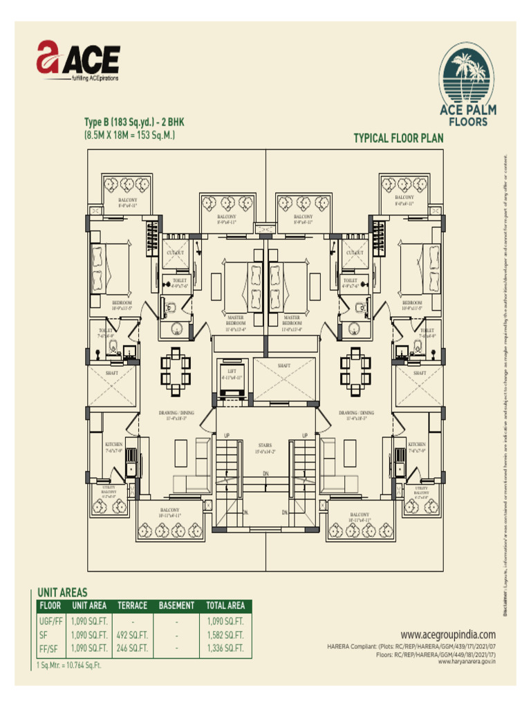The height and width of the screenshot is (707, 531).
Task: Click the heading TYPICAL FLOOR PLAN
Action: [398, 138]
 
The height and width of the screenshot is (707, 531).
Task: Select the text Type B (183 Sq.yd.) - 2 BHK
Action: [133, 122]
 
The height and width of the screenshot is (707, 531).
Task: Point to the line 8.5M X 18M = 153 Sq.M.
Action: [129, 135]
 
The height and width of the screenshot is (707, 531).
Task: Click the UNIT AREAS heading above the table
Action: [62, 592]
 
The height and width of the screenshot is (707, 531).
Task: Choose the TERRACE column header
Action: [132, 606]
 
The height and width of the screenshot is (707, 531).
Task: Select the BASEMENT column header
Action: [176, 606]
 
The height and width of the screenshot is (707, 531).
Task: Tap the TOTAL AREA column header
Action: [225, 606]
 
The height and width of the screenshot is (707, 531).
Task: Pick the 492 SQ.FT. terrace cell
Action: [132, 635]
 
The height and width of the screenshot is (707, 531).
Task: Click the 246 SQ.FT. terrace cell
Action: [132, 648]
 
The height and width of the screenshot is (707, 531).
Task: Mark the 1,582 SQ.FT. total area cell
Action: [225, 635]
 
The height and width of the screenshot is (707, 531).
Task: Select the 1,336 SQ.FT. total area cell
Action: [225, 648]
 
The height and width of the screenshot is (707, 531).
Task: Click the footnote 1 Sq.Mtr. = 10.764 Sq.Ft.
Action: [69, 666]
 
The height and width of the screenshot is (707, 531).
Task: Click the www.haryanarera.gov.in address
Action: [467, 661]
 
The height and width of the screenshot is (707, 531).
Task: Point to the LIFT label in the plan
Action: [230, 371]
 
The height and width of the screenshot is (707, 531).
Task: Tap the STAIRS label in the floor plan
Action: [265, 445]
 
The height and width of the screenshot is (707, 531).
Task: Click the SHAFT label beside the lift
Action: [283, 366]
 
